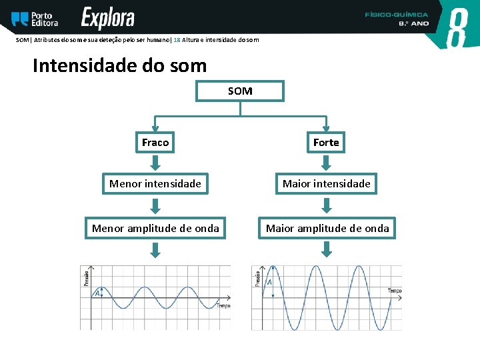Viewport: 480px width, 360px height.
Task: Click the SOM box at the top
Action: coord(239,91)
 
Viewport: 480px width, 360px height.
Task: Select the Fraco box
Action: coord(155,143)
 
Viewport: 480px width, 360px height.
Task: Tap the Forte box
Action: coord(326,143)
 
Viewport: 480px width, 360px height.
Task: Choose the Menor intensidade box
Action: coord(155,183)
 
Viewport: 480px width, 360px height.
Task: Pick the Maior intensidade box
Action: coord(326,183)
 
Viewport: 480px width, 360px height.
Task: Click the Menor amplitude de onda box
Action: coord(155,229)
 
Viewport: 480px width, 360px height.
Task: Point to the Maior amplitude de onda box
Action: coord(327,229)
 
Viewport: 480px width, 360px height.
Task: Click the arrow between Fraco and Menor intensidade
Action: coord(155,163)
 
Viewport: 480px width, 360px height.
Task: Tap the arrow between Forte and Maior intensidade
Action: coord(326,163)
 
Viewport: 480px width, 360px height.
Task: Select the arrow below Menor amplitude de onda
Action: coord(155,249)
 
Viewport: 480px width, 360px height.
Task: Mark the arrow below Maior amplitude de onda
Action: coord(327,249)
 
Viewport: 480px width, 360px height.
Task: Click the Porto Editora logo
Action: coord(35,19)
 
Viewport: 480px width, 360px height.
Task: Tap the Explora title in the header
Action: coord(108,19)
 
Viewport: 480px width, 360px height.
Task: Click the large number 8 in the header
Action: coord(457,28)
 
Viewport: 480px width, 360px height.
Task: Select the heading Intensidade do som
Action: coord(119,66)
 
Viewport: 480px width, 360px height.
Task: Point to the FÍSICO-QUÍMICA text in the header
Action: coord(397,14)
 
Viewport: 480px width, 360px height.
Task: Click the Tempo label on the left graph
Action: coord(223,305)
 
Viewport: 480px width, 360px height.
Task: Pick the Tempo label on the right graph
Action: coord(395,291)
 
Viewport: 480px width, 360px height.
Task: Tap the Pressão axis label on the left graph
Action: coord(85,277)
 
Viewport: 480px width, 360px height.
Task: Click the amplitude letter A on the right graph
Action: coord(269,283)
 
